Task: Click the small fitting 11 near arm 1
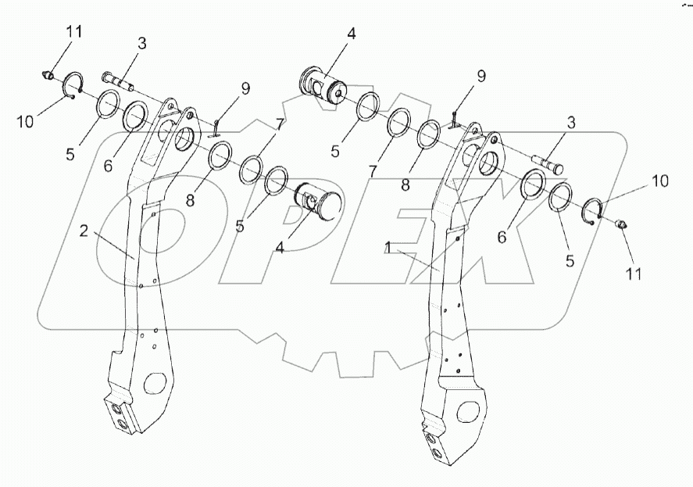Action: (623, 226)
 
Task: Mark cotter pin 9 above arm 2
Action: (216, 123)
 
